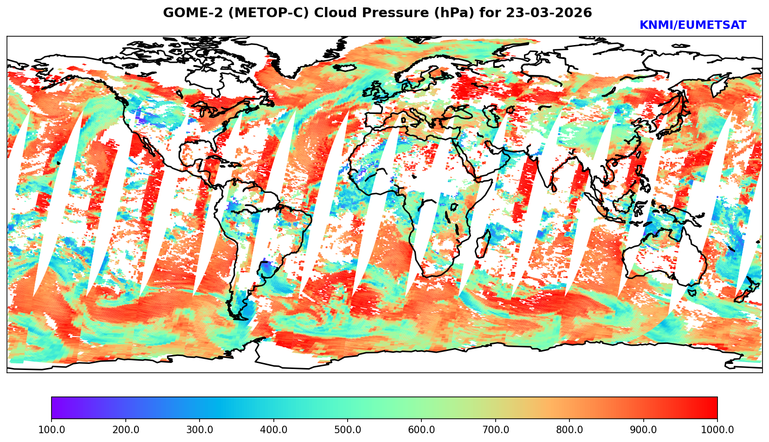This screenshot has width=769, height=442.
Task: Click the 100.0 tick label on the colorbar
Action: (x=52, y=430)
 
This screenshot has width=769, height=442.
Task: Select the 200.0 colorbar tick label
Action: (x=125, y=430)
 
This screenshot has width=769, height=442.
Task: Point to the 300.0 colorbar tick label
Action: (x=200, y=430)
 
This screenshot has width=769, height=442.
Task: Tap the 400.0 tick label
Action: (x=273, y=430)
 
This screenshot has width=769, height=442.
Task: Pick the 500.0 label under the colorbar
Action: (x=348, y=430)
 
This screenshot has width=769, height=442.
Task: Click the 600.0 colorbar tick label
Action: (x=421, y=430)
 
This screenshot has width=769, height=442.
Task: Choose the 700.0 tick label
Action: (x=496, y=430)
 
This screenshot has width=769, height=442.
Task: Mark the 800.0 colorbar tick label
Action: (x=569, y=430)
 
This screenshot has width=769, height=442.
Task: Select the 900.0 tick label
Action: (x=644, y=430)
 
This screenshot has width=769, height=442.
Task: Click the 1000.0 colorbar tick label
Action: (x=717, y=430)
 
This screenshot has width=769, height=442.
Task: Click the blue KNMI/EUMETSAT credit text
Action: (x=692, y=26)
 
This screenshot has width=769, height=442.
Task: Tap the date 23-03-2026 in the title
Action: (x=549, y=13)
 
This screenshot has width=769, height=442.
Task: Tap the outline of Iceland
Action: (x=344, y=68)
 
